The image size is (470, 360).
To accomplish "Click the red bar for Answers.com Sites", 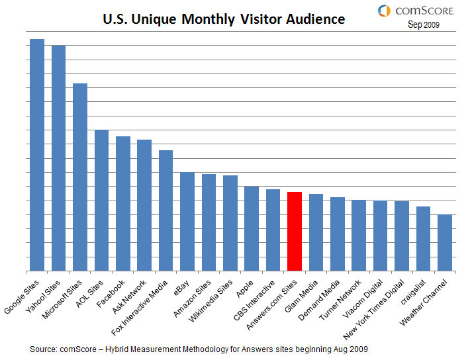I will [295, 231].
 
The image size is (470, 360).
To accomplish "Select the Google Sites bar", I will [37, 155].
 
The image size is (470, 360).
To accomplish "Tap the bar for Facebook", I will [123, 203].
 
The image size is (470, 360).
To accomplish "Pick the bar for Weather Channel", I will [445, 242].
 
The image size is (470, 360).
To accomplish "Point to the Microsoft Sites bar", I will [80, 177].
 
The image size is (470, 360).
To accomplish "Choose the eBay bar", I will [187, 221].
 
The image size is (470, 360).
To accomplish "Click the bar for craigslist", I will [424, 238].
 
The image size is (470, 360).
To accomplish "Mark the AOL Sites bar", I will [101, 200].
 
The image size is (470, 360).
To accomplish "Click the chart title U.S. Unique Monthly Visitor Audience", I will [224, 19].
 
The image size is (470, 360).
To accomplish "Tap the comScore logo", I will [407, 11].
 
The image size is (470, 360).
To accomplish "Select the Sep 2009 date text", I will [422, 25].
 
